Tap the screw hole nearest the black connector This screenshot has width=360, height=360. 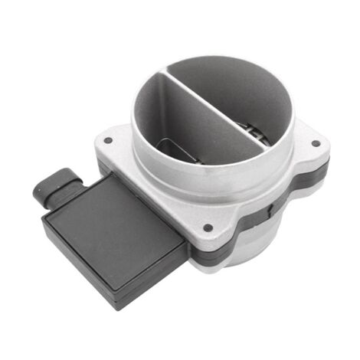coord(108,141)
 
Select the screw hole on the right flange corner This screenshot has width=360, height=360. coord(316,143)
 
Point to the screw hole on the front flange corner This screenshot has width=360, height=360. coord(207,227)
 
